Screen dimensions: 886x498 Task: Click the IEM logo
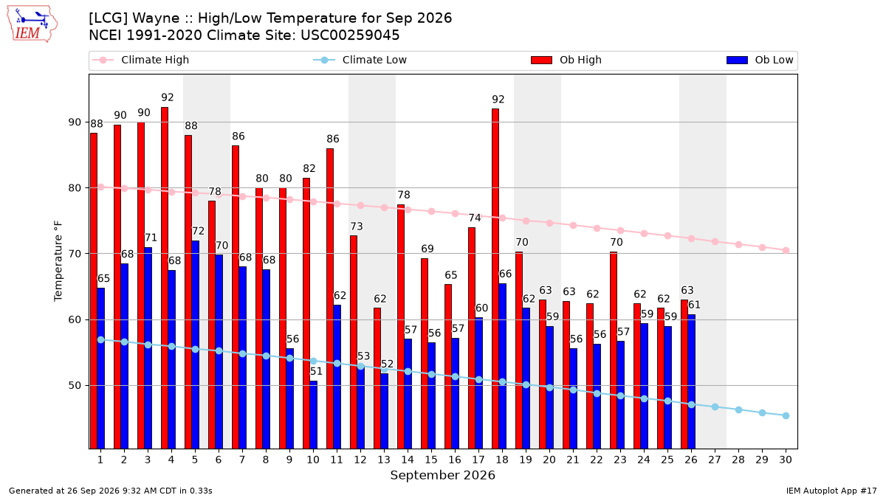pos(32,24)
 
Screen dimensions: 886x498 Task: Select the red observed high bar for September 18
pos(495,279)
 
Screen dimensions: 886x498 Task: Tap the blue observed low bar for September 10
pos(313,415)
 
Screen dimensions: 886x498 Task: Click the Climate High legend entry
pos(141,60)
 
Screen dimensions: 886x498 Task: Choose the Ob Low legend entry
pos(760,60)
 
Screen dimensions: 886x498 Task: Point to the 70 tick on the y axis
pos(75,254)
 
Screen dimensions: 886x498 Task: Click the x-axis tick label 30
pos(786,460)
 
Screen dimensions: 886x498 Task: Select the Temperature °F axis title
pos(58,261)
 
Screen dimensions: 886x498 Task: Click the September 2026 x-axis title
pos(442,475)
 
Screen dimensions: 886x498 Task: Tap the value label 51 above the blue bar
pos(316,371)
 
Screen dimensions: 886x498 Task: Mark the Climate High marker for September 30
pos(786,250)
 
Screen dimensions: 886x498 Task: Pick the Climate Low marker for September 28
pos(738,410)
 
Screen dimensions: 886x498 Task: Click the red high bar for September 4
pos(165,278)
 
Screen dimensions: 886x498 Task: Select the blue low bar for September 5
pos(196,345)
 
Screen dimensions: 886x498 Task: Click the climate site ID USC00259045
pos(350,35)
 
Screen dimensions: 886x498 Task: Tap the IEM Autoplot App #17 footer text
pos(831,491)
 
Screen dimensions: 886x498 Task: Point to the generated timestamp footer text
pos(110,491)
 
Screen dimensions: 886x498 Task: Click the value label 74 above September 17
pos(475,218)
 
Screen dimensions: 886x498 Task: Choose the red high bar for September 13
pos(377,378)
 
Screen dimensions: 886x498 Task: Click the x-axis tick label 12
pos(360,460)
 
